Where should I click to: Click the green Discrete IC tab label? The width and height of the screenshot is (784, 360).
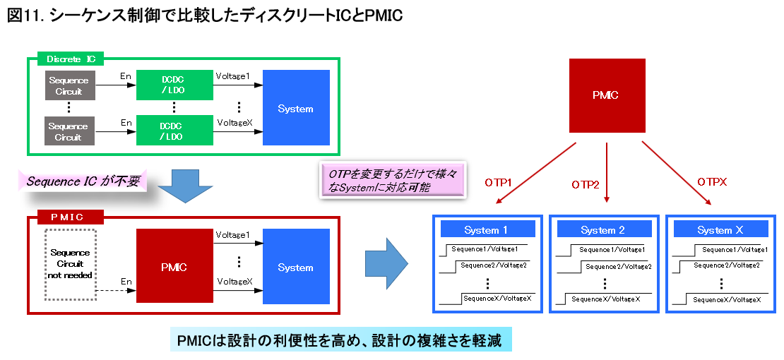click(x=71, y=59)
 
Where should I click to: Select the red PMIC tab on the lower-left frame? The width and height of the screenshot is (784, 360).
click(x=71, y=217)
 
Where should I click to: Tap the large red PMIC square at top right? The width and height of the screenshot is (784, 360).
click(x=607, y=95)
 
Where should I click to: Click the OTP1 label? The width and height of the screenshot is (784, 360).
click(x=498, y=183)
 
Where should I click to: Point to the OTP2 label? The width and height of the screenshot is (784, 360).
click(x=586, y=185)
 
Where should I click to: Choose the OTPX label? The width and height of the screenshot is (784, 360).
click(x=711, y=183)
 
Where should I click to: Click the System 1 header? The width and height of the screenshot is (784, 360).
click(x=488, y=229)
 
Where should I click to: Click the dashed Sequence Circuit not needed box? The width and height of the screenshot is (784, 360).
click(x=70, y=265)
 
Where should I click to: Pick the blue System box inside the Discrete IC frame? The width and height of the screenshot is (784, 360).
click(x=295, y=107)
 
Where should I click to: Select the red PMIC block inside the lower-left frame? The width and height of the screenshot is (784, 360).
click(x=174, y=266)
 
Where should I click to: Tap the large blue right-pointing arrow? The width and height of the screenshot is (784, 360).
click(x=386, y=263)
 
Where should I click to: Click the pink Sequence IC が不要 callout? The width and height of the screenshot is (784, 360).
click(x=83, y=181)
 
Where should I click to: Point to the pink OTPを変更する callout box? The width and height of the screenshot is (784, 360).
click(x=393, y=179)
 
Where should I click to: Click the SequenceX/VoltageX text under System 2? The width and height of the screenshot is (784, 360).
click(x=605, y=299)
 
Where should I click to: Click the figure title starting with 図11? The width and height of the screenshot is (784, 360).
click(x=205, y=16)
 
